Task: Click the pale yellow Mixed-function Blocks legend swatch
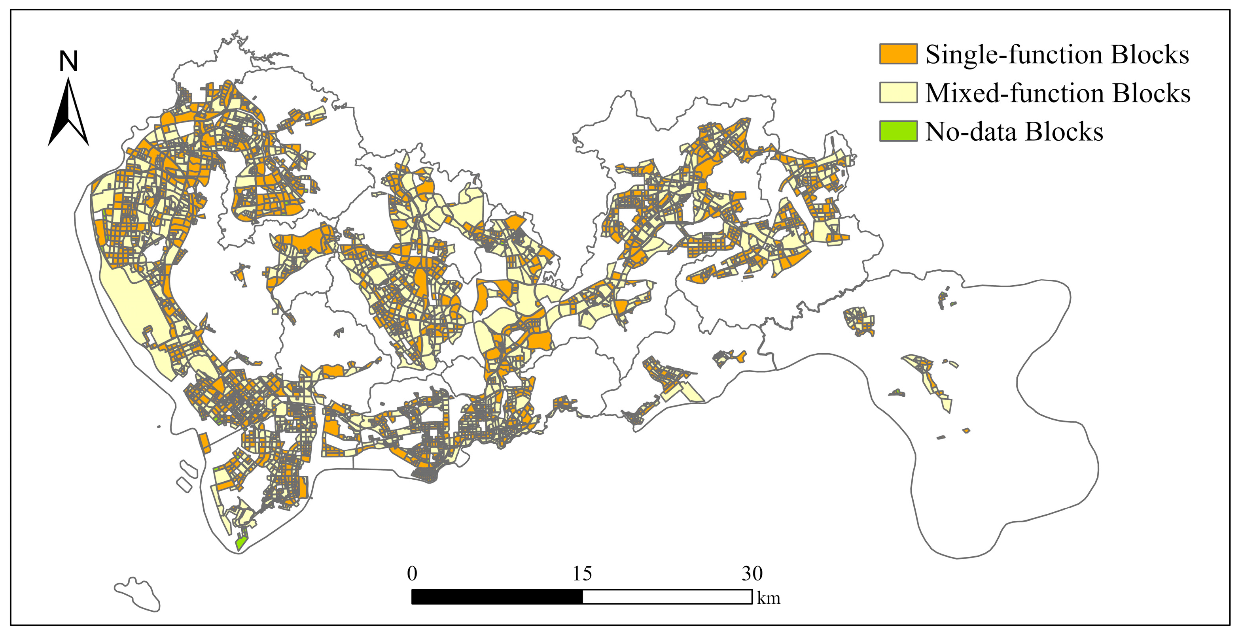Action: point(898,93)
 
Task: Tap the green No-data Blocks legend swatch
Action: point(898,131)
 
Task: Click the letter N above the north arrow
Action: point(68,62)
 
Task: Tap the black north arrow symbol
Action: point(68,115)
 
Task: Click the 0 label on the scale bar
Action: point(412,573)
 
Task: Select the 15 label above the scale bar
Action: point(582,573)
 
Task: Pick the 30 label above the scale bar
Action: point(752,573)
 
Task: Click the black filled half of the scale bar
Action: point(497,597)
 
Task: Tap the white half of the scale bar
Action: point(667,597)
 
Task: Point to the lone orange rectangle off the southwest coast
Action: point(204,443)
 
